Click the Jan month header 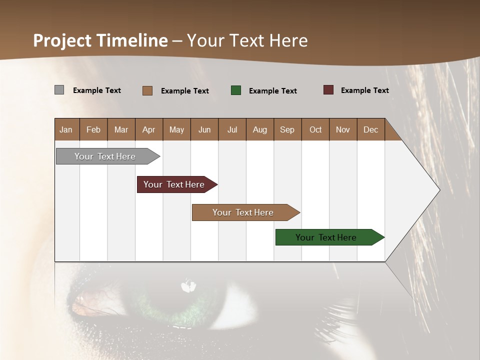(x=66, y=129)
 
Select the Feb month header (x=93, y=129)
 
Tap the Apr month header (x=148, y=129)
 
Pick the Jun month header (x=204, y=129)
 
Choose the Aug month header (x=259, y=129)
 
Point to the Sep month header (x=287, y=129)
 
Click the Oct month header (x=315, y=129)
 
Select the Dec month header (x=370, y=129)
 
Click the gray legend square (x=59, y=90)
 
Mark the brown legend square (x=147, y=90)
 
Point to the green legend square (x=236, y=90)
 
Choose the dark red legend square (x=328, y=90)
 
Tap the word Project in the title (x=62, y=40)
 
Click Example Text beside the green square (x=272, y=91)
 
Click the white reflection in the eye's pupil (x=188, y=286)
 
